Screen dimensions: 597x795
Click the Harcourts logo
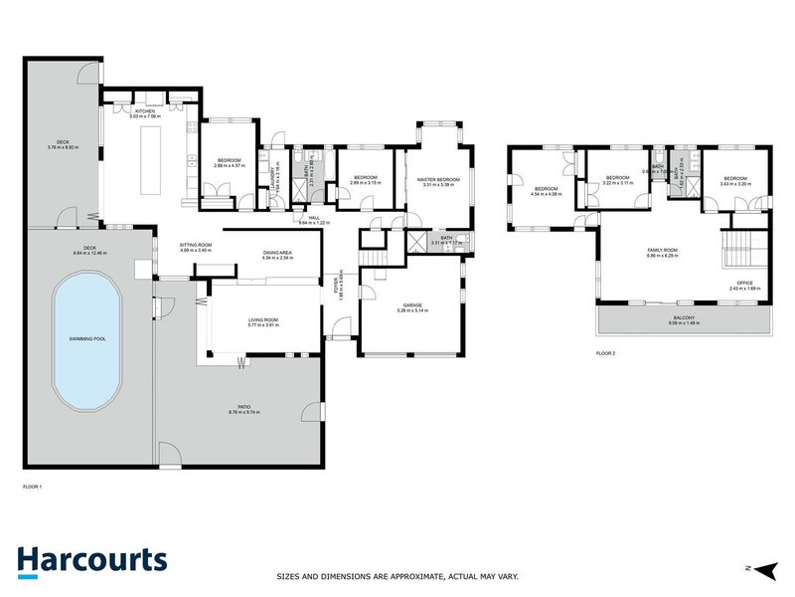(90, 560)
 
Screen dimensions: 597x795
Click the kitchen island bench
(151, 158)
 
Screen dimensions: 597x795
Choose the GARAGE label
(411, 305)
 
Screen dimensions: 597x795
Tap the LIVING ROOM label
(263, 318)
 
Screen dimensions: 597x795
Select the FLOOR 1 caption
(33, 487)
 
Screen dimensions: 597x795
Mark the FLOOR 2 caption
(606, 353)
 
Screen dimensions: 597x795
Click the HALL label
(313, 217)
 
